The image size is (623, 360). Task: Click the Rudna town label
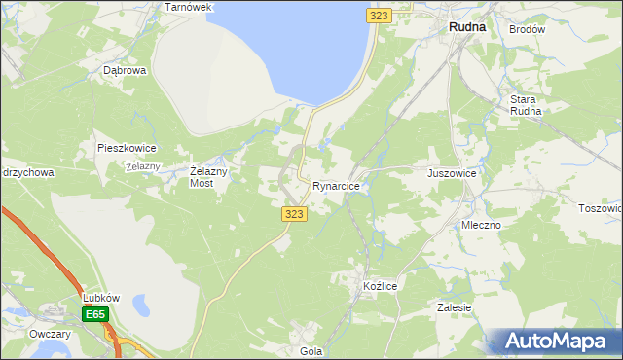pos(466,28)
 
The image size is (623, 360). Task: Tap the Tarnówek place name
pos(189,7)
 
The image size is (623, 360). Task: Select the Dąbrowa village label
pos(125,70)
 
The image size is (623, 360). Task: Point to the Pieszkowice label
pos(127,148)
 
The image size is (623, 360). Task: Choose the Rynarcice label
pos(337,185)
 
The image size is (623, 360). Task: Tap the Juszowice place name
pos(452,173)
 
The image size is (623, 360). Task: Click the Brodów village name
pos(528,29)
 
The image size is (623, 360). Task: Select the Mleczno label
pos(481,225)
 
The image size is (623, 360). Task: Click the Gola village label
pos(311,351)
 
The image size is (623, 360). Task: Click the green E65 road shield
pos(95,314)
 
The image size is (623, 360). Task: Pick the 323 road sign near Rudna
pos(380,16)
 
